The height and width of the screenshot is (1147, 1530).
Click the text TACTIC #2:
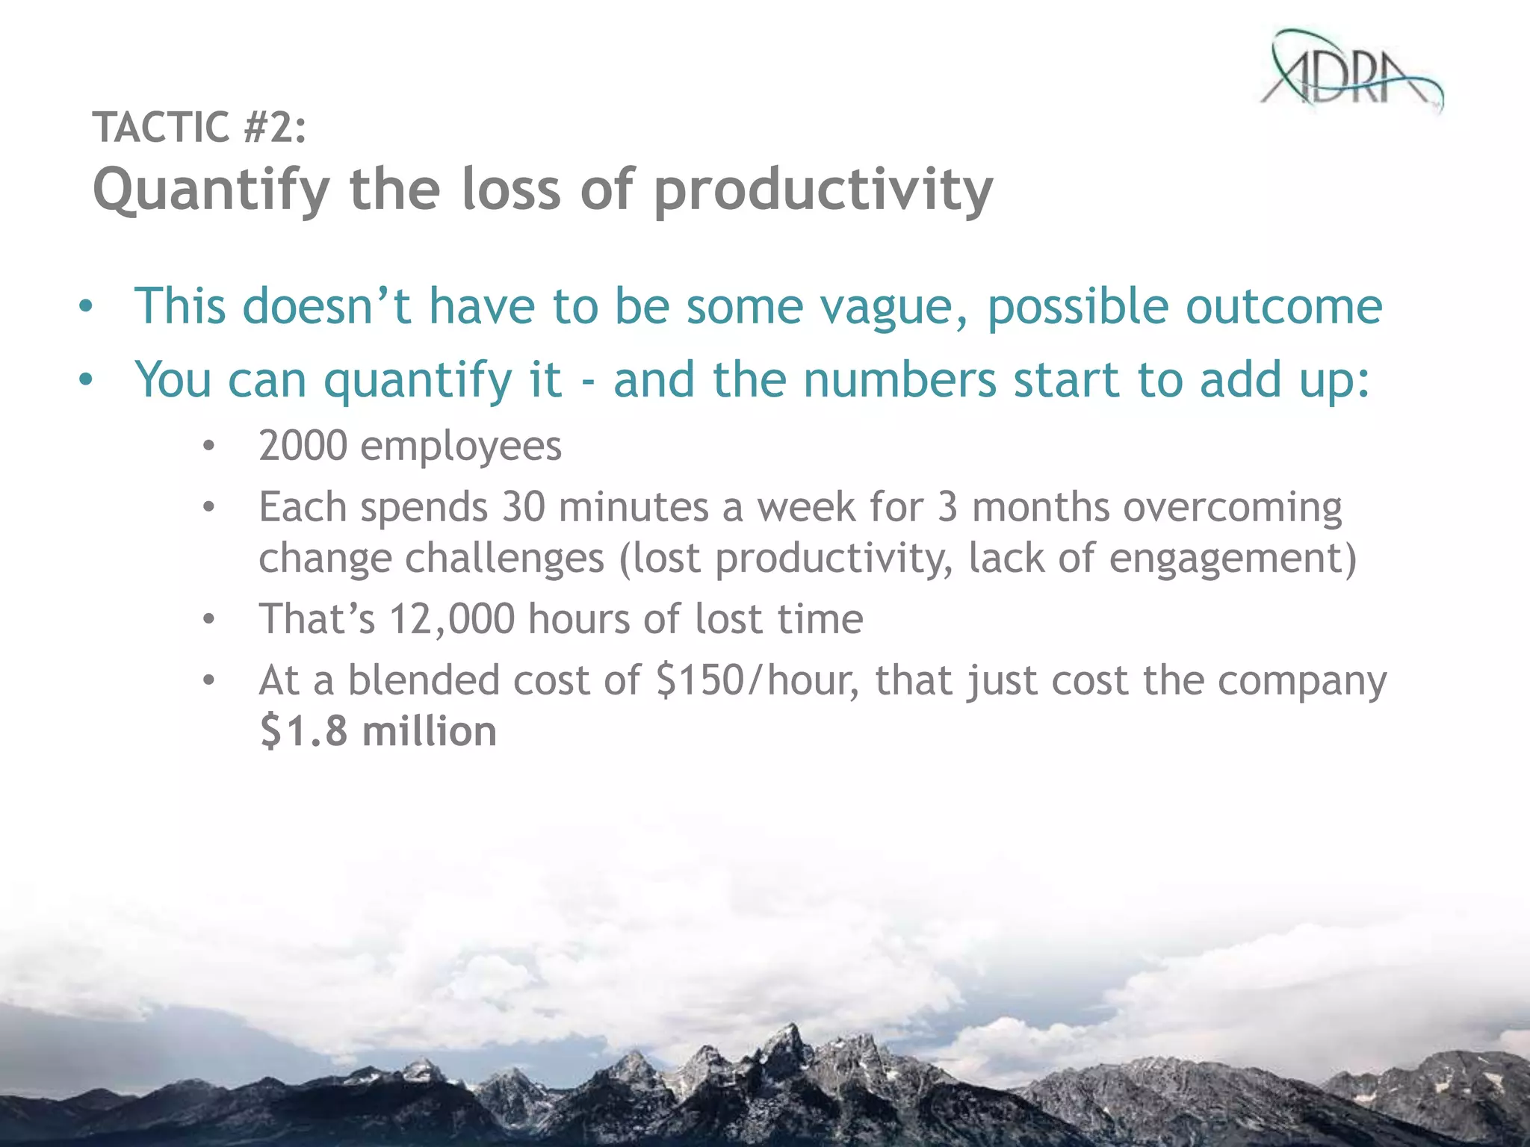tap(199, 127)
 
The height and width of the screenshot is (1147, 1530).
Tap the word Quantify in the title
tap(211, 191)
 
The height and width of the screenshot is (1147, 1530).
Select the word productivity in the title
tap(823, 191)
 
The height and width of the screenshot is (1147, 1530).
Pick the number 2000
tap(303, 446)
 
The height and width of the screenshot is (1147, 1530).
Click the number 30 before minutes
tap(523, 507)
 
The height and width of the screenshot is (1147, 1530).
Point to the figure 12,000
tap(451, 619)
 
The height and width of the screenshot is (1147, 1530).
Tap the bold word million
tap(430, 731)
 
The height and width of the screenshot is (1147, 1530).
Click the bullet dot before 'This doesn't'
tap(87, 307)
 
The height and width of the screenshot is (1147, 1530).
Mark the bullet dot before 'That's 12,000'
tap(208, 619)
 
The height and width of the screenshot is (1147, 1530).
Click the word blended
tap(424, 680)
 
